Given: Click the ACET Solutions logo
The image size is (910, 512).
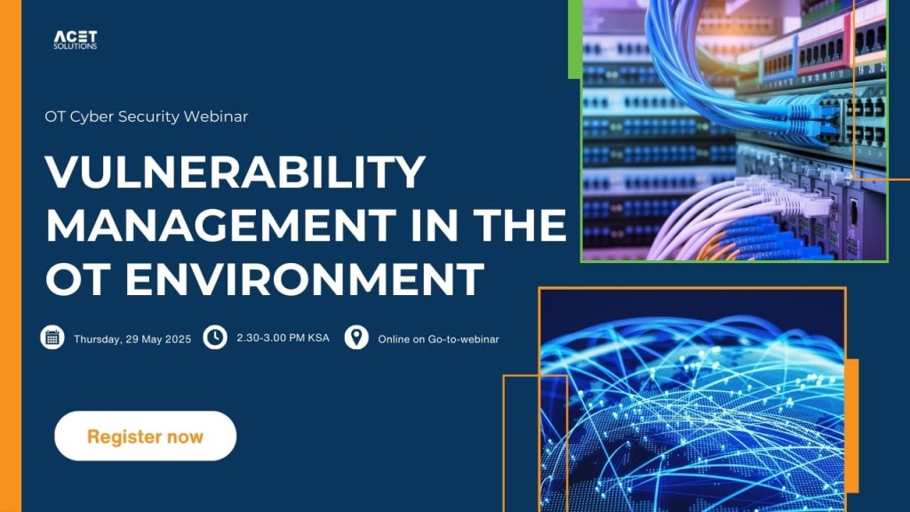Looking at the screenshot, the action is tap(76, 40).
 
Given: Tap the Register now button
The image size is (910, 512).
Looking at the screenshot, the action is tap(146, 436).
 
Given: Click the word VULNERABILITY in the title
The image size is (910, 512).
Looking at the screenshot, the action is tap(235, 172).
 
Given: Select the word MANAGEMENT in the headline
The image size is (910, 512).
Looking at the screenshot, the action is tap(220, 225).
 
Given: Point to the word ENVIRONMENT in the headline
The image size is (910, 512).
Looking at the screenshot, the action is tap(305, 278).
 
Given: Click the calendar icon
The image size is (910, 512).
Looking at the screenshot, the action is tap(52, 337).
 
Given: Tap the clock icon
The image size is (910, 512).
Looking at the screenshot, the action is tap(215, 337).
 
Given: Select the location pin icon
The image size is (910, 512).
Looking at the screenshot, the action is tap(356, 337).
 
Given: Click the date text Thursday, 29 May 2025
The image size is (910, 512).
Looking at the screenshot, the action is tap(132, 340).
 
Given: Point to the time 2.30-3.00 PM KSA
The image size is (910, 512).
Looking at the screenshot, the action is tap(283, 338).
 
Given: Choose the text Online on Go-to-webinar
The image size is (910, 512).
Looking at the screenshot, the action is tap(438, 340).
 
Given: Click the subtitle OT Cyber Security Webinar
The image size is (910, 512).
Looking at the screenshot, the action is tap(147, 116).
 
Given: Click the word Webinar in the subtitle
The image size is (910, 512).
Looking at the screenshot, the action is tap(216, 116).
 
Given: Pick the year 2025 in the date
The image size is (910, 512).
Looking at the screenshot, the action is tap(178, 340).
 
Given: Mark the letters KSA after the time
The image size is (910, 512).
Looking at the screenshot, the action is tap(319, 338).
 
